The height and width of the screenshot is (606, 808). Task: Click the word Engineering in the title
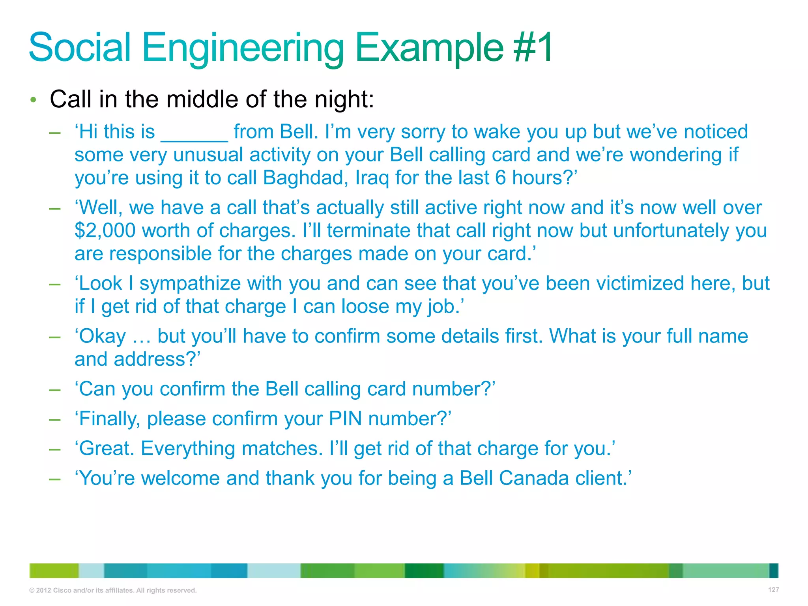pos(243,48)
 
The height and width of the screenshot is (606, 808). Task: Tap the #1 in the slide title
pos(533,48)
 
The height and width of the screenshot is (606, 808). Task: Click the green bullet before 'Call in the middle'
pos(34,100)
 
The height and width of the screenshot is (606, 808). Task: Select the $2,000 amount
pos(105,230)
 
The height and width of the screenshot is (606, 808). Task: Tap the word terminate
pos(368,230)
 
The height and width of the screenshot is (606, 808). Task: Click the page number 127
pos(773,590)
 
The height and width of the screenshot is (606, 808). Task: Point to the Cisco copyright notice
pos(113,590)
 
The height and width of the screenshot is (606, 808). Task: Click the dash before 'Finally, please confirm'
pos(54,419)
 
